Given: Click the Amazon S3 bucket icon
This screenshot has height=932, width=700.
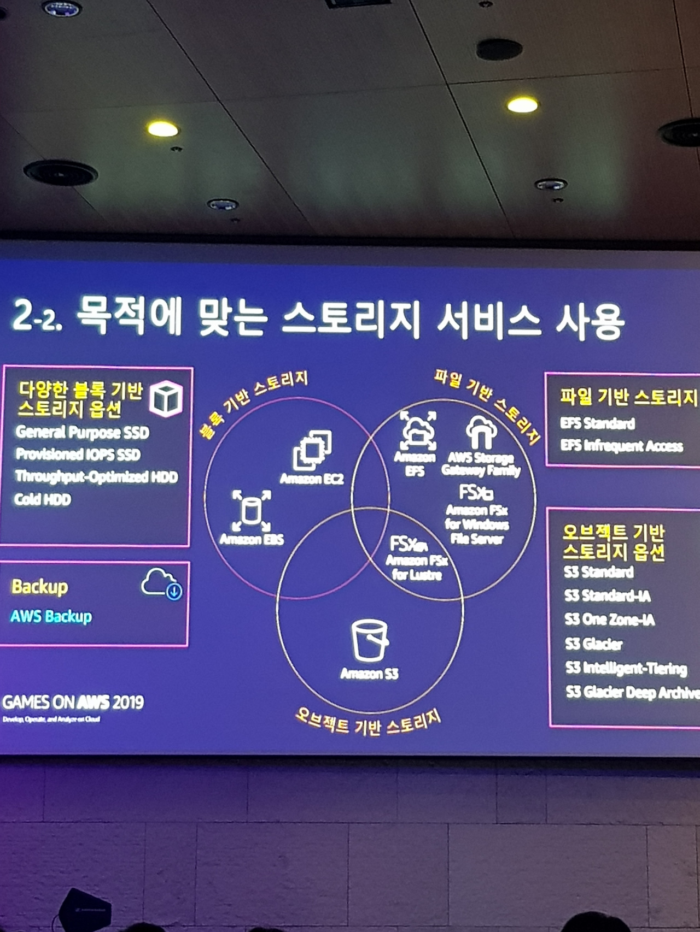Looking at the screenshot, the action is tap(370, 640).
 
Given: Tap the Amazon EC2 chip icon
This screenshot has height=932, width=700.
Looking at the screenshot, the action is tap(312, 450).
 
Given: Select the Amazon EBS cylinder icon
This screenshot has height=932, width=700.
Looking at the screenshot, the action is tap(251, 511).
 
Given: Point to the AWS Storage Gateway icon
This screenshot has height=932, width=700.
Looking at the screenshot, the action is tap(481, 432).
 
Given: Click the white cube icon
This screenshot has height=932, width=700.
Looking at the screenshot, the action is tap(166, 399).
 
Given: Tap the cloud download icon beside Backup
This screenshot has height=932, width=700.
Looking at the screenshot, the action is tap(162, 583).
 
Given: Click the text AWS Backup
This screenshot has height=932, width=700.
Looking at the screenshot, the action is tap(51, 616).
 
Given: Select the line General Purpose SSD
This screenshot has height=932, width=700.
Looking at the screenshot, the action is tap(82, 433).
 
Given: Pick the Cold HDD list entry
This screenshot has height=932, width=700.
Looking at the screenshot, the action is tap(43, 499).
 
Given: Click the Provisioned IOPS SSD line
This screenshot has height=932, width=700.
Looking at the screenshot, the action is tap(78, 455).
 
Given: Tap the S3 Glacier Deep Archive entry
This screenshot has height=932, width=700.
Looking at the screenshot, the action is tap(632, 693).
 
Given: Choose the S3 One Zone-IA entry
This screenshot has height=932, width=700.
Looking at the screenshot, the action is tap(609, 620).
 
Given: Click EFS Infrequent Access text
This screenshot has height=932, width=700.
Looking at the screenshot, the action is tap(621, 446).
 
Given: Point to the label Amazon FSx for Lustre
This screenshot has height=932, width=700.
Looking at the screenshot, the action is tap(417, 567).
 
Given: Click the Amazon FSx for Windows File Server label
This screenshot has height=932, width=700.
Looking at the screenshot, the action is tap(477, 524).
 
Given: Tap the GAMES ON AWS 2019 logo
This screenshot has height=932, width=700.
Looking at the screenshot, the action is tap(73, 703).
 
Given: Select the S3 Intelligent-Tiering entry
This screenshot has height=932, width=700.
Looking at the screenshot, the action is tap(626, 668).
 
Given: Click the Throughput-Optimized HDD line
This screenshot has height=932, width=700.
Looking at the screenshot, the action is tap(96, 477).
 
